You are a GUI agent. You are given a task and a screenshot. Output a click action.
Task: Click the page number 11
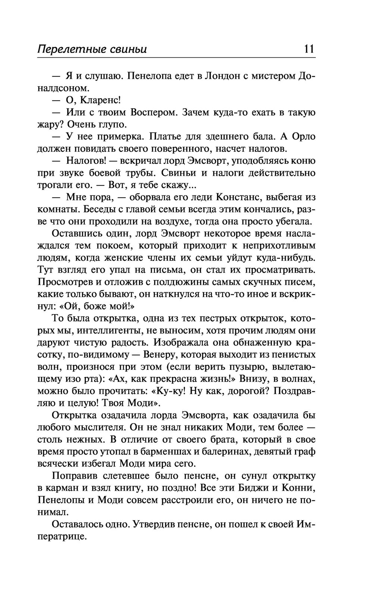(310, 49)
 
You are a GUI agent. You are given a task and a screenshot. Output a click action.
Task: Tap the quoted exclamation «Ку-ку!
(172, 391)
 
